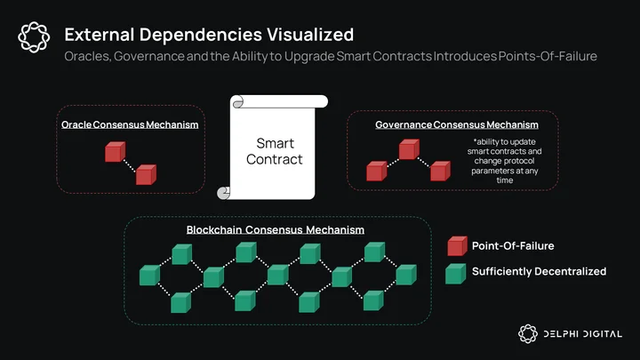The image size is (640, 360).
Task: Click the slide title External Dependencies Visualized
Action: [x=209, y=35]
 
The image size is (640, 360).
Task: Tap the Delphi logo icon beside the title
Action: [x=34, y=37]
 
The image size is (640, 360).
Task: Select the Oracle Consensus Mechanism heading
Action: [x=130, y=124]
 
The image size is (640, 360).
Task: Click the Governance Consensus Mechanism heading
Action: [x=457, y=124]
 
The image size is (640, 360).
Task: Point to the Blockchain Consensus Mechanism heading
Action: [x=276, y=230]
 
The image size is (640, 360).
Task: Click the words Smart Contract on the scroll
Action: [x=275, y=151]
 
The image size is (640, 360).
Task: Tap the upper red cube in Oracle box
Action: [x=115, y=152]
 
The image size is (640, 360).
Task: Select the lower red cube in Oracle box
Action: [x=146, y=175]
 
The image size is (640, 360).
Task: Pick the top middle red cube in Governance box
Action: [x=409, y=149]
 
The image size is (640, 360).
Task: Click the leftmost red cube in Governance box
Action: [x=376, y=171]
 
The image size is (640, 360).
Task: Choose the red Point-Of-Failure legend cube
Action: [x=457, y=246]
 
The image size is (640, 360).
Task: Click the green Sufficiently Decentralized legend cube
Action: [x=455, y=274]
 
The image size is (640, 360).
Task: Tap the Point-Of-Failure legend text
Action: [x=513, y=245]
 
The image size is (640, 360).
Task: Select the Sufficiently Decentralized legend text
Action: [x=540, y=271]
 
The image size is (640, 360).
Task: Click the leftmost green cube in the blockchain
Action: [x=149, y=275]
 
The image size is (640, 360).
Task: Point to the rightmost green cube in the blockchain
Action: [x=406, y=275]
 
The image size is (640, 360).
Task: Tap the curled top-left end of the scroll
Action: [x=238, y=102]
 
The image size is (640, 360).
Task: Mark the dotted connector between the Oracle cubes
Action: [x=130, y=165]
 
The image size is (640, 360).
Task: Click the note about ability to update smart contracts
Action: [x=505, y=161]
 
